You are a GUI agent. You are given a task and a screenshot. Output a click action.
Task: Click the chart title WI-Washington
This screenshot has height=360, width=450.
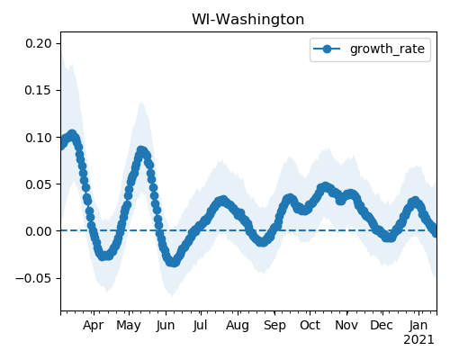(247, 20)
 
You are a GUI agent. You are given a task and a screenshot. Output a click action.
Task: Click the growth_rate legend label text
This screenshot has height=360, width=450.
(387, 49)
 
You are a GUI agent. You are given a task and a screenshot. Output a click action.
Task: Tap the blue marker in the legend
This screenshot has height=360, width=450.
(327, 49)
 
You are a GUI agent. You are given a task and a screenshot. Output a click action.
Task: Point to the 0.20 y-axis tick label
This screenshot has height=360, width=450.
(39, 43)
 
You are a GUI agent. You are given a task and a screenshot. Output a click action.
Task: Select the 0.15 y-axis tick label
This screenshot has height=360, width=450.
(39, 90)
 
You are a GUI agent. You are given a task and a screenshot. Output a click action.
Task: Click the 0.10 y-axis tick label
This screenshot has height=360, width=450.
(39, 138)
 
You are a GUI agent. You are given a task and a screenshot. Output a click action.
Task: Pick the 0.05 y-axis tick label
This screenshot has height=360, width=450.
(39, 184)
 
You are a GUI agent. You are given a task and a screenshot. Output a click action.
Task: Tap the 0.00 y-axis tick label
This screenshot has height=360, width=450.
(39, 231)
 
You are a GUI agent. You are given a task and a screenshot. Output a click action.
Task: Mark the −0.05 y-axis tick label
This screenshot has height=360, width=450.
(34, 278)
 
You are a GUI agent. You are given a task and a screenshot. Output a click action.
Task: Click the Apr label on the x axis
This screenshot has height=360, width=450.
(94, 326)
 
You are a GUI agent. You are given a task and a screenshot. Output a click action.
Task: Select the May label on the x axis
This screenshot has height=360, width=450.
(129, 326)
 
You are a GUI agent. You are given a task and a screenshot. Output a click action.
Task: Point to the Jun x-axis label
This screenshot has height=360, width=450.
(166, 326)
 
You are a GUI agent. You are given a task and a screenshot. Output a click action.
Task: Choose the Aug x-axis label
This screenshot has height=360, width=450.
(238, 326)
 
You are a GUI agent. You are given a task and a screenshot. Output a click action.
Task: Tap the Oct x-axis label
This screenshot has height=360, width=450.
(310, 325)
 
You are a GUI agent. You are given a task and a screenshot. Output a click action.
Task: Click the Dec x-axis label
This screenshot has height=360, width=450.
(382, 325)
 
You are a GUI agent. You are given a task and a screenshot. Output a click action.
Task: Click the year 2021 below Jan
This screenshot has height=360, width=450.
(418, 340)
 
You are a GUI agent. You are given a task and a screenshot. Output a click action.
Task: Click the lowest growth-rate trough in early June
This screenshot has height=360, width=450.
(174, 262)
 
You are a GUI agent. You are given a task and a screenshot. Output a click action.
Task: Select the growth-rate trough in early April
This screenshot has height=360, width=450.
(103, 256)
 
